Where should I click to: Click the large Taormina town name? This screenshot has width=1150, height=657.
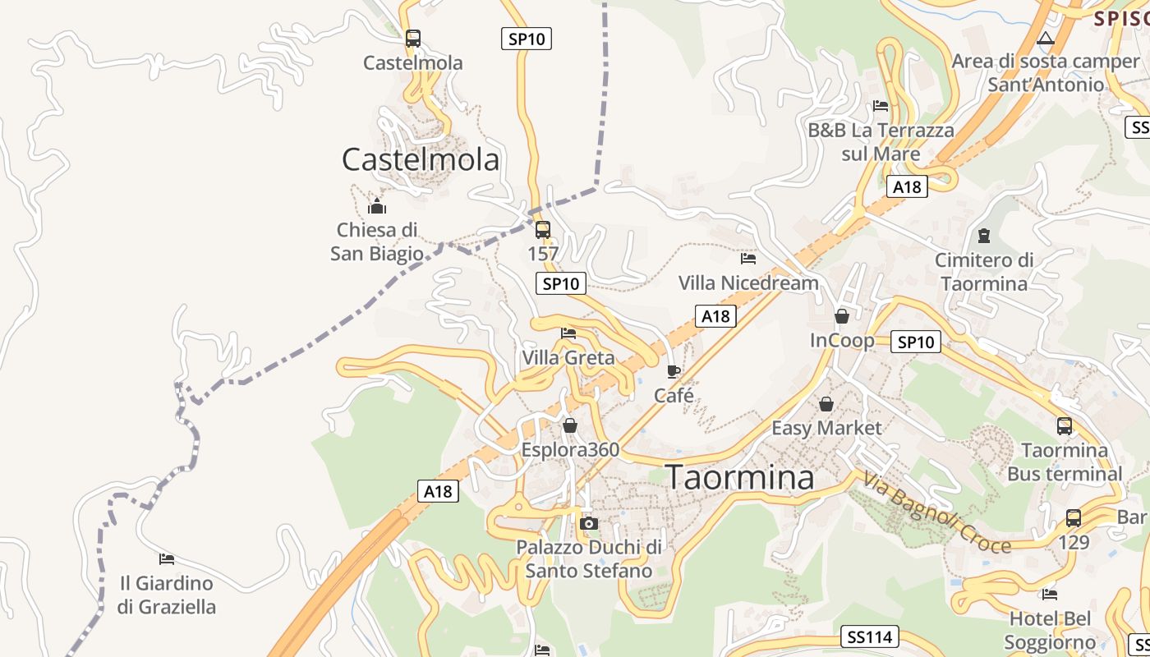(739, 477)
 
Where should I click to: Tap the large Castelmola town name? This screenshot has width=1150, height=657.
(420, 159)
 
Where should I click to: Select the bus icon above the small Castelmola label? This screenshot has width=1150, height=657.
(413, 38)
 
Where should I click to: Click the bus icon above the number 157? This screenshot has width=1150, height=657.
(542, 230)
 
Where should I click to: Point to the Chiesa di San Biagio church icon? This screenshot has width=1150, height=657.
(377, 205)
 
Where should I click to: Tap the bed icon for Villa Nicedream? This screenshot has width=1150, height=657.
(748, 258)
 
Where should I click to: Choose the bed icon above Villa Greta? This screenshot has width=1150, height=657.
(568, 333)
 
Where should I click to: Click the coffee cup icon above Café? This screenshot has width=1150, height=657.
(674, 371)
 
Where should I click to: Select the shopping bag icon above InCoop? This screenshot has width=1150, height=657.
(842, 316)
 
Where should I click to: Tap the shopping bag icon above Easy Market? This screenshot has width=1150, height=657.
(826, 404)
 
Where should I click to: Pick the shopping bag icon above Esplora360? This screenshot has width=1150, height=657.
(570, 425)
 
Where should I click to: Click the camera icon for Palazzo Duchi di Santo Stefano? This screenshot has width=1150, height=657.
(588, 523)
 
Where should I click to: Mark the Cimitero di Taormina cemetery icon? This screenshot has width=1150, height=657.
(984, 236)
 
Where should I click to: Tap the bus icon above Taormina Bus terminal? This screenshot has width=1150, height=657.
(1065, 426)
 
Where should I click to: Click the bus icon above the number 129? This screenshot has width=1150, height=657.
(1074, 518)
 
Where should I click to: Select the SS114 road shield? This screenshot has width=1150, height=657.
(871, 636)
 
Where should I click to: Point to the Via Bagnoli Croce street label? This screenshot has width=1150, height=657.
(936, 512)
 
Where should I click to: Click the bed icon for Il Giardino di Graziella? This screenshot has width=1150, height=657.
(167, 559)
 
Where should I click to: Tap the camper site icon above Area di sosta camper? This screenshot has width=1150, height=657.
(1046, 38)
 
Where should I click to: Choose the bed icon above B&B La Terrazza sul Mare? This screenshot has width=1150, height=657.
(881, 106)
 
